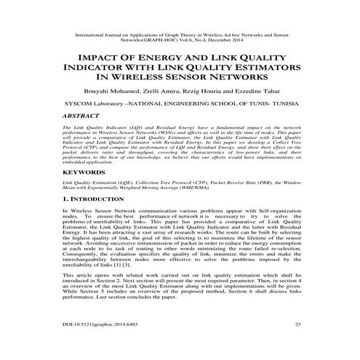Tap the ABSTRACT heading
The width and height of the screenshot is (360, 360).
pyautogui.click(x=65, y=115)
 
